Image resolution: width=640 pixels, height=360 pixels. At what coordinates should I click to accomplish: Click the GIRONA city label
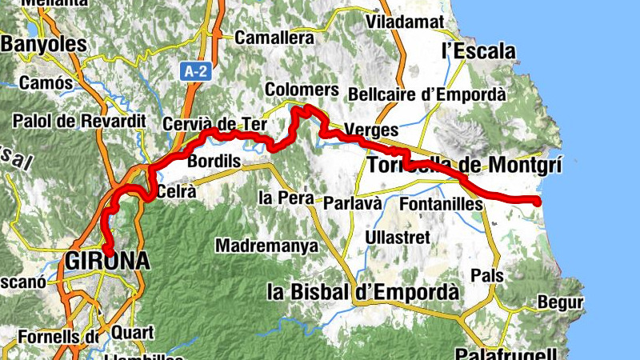coord(108,261)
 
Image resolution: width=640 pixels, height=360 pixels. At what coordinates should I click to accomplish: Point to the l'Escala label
coord(478,51)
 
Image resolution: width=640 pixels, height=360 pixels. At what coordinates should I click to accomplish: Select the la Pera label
coord(283,197)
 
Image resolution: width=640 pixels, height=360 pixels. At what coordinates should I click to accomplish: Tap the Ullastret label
coord(398,238)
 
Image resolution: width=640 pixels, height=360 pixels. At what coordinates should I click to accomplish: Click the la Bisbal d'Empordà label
coord(363,291)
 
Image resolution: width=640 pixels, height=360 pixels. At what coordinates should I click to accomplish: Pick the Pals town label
coord(487,275)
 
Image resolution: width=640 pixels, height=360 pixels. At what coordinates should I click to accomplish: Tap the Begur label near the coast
coord(560,302)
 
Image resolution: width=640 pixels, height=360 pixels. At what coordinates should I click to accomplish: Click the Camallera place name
coord(274,38)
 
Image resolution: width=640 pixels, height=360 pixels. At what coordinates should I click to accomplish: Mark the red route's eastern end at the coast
coord(538,201)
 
